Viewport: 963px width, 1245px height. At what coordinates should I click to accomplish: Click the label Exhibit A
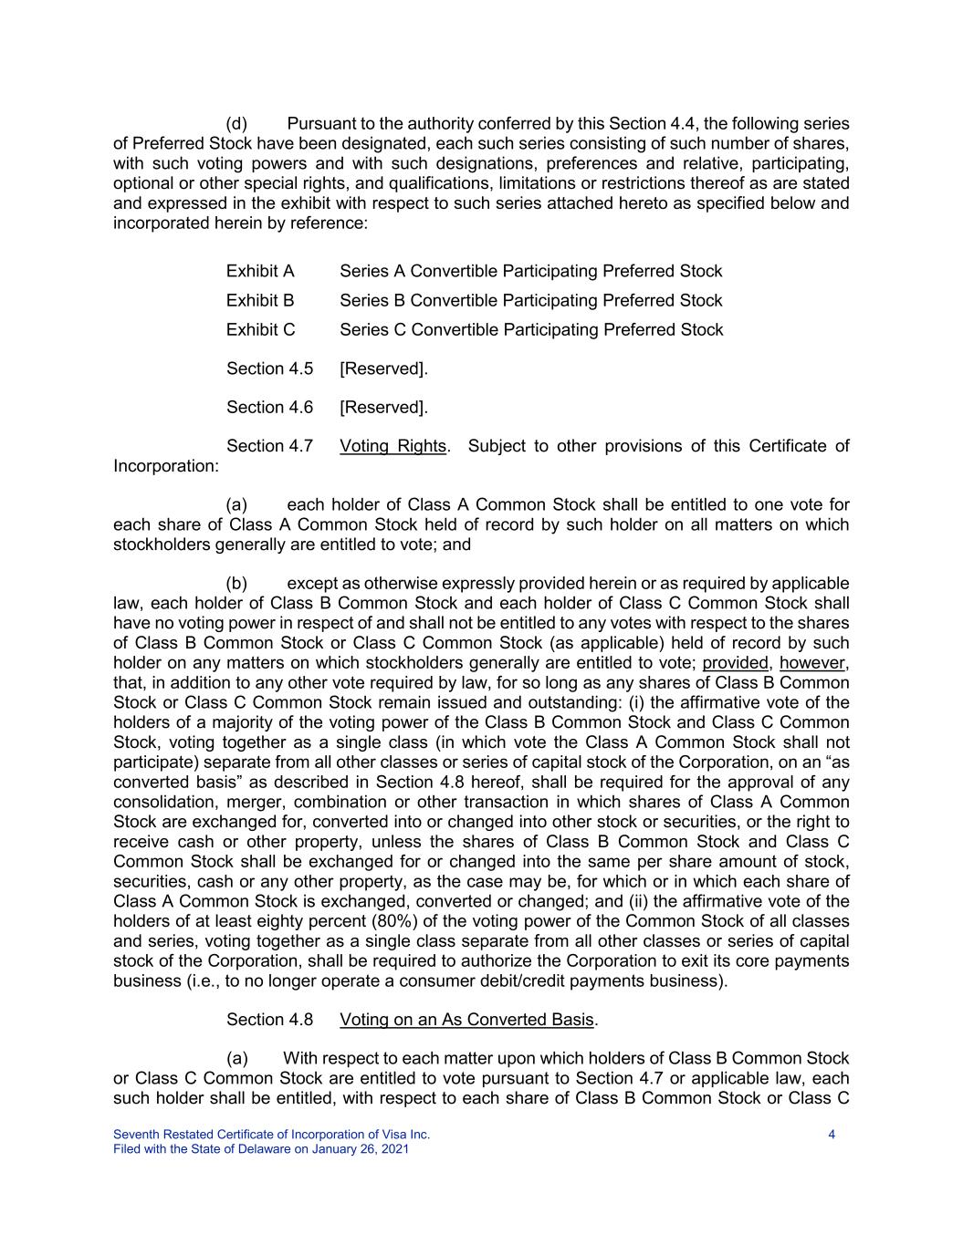pos(260,272)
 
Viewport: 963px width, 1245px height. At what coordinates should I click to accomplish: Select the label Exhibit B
pos(260,301)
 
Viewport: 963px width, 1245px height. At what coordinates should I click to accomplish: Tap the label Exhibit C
pos(260,330)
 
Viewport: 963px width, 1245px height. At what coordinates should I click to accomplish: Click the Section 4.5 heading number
pos(269,368)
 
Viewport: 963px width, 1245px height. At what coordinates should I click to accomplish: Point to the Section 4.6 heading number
pos(269,408)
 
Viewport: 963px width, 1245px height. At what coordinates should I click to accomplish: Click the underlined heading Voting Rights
pos(393,446)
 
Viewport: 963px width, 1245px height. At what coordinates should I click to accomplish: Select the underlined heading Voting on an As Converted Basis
pos(466,1020)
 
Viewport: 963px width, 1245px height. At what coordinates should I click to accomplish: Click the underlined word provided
pos(735,663)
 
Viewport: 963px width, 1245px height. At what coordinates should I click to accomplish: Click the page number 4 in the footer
pos(832,1135)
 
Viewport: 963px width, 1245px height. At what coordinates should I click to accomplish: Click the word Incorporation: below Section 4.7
pos(165,467)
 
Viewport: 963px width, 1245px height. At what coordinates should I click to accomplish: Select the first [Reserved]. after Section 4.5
pos(383,368)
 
